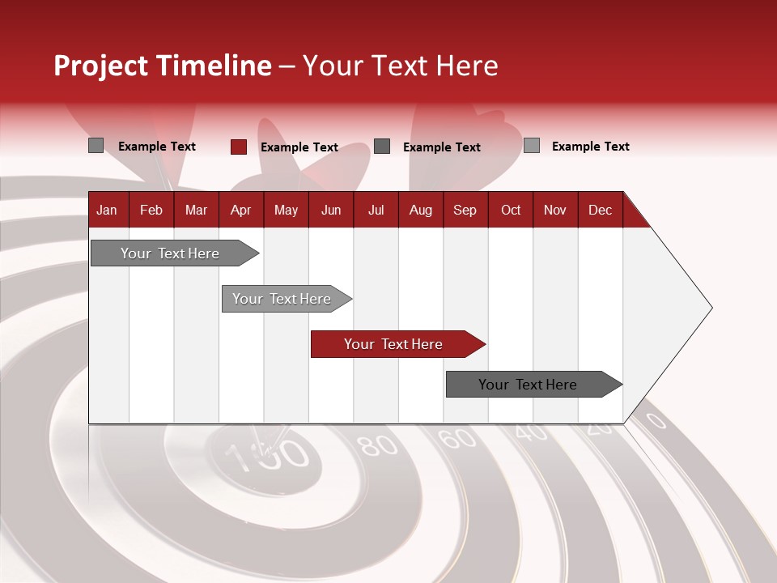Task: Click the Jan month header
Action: (x=107, y=210)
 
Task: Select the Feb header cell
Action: (x=151, y=210)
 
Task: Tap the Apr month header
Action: (x=240, y=210)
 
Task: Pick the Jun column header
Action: (x=331, y=210)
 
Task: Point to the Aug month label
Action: (x=421, y=210)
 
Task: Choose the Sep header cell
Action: (x=465, y=210)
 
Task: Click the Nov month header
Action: (x=555, y=210)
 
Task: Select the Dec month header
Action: (x=600, y=210)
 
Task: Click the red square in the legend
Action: (x=239, y=147)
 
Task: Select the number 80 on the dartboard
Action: (x=377, y=445)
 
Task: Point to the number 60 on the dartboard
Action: (x=457, y=438)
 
